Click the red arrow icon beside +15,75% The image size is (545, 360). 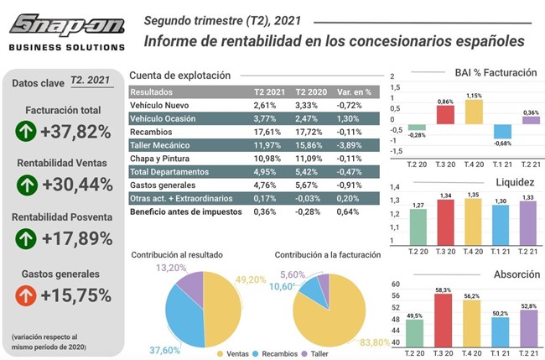coord(25,295)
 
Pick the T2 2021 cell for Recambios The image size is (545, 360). coord(264,133)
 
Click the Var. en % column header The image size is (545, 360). coord(354,92)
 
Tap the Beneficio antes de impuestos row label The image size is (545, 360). coord(186,211)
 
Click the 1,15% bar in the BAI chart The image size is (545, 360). coord(474,113)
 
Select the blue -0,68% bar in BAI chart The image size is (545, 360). coord(501,132)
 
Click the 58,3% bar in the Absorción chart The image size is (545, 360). coord(445,321)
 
